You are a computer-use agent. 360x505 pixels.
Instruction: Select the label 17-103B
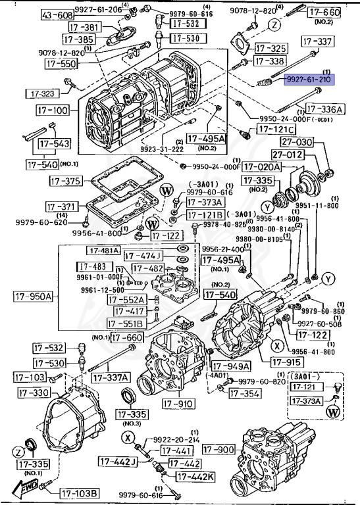(x=80, y=493)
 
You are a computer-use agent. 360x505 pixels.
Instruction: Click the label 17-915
(x=286, y=362)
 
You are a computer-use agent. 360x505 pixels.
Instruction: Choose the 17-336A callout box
(x=324, y=109)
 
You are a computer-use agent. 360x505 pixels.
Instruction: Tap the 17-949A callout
(x=233, y=366)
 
